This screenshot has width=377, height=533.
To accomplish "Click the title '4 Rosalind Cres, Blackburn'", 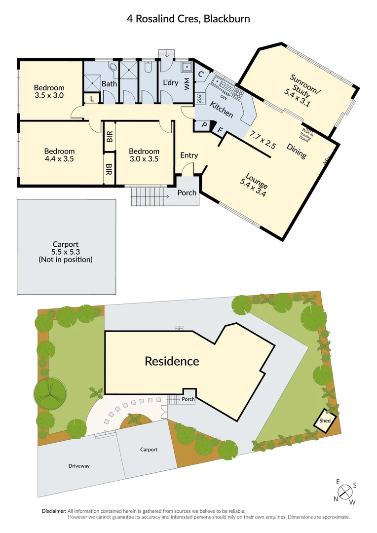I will click(x=188, y=19).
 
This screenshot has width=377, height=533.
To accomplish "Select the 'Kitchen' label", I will click(x=222, y=109).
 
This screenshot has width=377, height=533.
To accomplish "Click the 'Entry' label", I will click(x=189, y=155).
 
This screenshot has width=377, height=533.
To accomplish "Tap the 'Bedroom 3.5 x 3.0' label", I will click(x=49, y=92).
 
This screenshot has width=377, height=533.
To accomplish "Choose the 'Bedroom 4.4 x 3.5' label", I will click(x=59, y=155).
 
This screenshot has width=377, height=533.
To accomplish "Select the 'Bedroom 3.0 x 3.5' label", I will click(x=144, y=155).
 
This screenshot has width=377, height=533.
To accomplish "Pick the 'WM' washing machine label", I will click(x=187, y=84).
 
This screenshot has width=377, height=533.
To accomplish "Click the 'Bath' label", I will click(x=110, y=84).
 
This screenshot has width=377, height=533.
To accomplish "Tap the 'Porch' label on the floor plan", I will click(x=187, y=192).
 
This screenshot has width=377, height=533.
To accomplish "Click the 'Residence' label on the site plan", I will click(x=172, y=361).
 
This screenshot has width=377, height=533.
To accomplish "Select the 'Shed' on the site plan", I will click(x=325, y=421).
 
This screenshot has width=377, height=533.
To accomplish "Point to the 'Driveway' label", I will click(x=79, y=465).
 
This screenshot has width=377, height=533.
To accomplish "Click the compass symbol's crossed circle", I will click(x=345, y=492).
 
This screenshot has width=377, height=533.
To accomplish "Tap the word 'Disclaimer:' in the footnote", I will click(x=53, y=511).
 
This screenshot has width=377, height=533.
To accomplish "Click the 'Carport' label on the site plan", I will click(x=149, y=450).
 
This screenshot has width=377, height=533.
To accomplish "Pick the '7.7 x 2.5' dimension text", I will click(x=263, y=140).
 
